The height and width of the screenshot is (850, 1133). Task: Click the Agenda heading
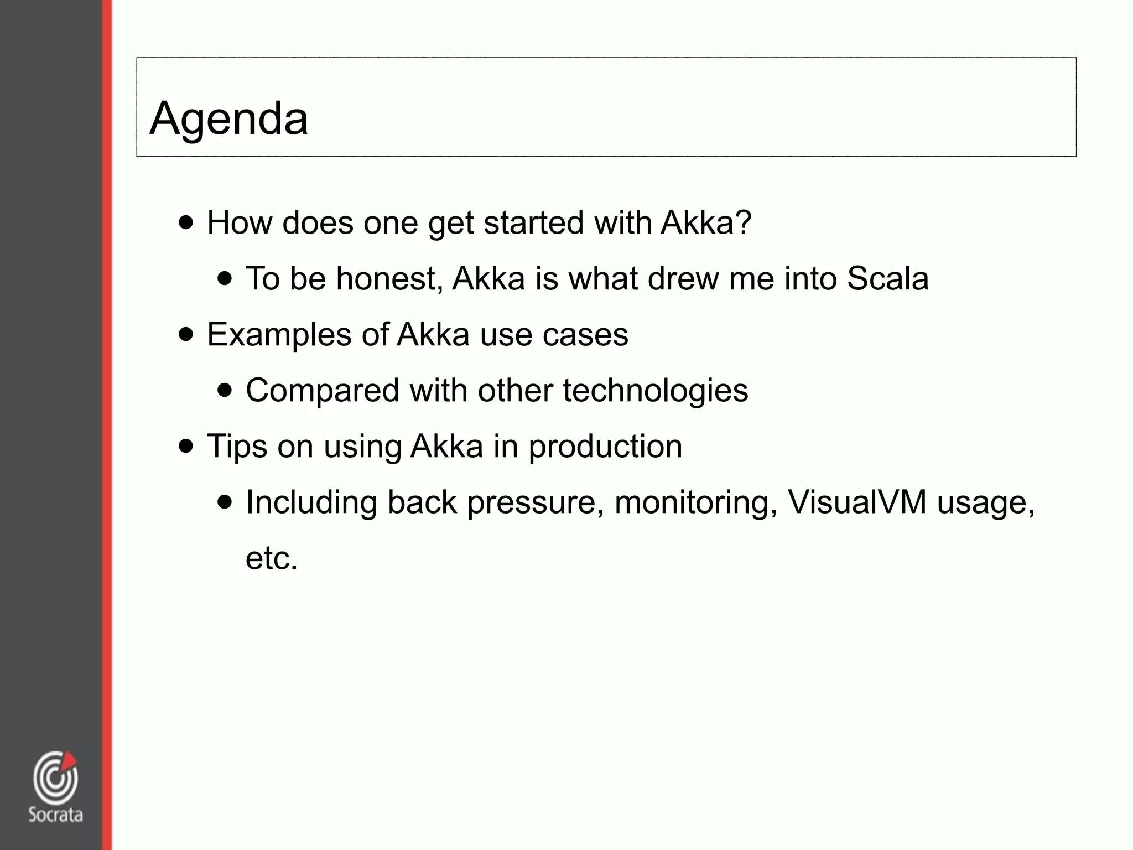pos(228,118)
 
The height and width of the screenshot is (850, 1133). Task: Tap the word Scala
pos(887,278)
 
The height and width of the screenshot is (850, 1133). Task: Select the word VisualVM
pos(857,502)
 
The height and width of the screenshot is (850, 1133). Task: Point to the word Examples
pos(279,335)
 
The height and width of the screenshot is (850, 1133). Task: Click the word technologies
pos(655,391)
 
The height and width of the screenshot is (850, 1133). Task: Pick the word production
pos(605,447)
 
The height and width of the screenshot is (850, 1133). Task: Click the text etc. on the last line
pos(272,558)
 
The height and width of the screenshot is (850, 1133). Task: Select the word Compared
pos(322,391)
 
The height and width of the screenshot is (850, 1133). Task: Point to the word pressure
pos(535,502)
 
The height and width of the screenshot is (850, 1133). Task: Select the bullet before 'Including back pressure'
pos(225,502)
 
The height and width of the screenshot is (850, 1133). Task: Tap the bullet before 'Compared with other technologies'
pos(225,390)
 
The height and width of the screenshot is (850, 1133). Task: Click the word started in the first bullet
pos(533,222)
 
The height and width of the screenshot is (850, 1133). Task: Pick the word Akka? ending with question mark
pos(706,222)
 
